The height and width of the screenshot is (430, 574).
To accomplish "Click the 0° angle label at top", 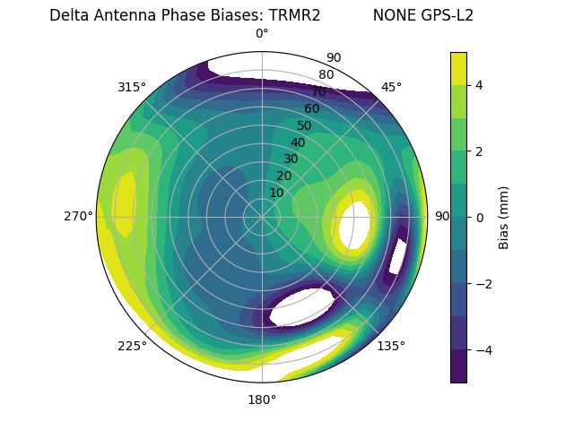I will click(x=262, y=34).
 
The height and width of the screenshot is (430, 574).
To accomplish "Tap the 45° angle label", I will click(x=391, y=87).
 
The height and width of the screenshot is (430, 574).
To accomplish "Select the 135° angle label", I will click(x=391, y=346).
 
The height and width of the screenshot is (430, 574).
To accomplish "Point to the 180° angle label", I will click(x=262, y=400).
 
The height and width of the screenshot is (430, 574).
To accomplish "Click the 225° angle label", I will click(x=132, y=347).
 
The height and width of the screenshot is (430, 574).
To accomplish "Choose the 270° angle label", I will click(x=78, y=216).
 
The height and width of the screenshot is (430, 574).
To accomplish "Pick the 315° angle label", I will click(x=132, y=87).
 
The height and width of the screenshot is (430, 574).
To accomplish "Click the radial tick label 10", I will click(x=276, y=193).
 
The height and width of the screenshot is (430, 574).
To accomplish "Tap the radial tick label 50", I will click(x=305, y=125).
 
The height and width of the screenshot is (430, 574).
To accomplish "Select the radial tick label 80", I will click(x=326, y=74).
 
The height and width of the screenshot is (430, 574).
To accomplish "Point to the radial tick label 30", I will click(x=291, y=159).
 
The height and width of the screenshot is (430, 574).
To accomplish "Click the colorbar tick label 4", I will click(x=480, y=85).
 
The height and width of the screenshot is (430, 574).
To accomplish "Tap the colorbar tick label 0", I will click(x=480, y=218).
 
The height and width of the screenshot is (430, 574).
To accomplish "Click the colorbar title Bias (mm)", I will click(x=504, y=218).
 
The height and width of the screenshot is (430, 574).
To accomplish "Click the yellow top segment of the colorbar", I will click(x=458, y=68).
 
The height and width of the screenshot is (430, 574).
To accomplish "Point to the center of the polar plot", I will click(x=262, y=217).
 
